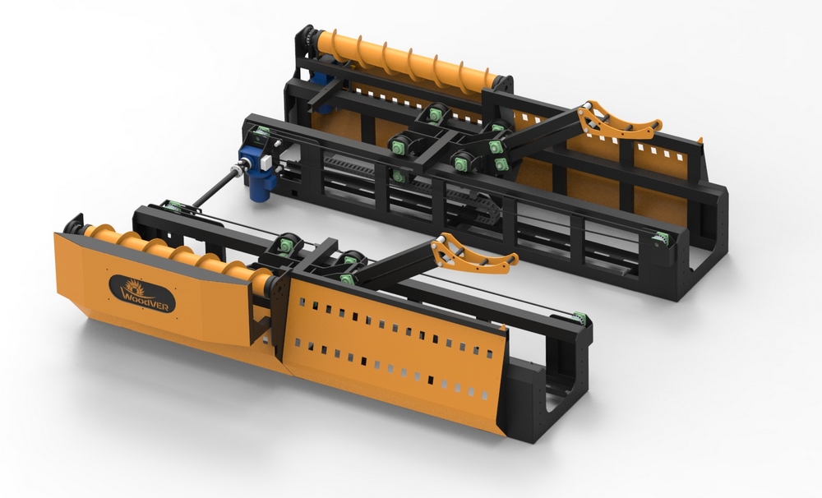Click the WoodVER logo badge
tap(142, 293)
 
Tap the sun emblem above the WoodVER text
tap(132, 287)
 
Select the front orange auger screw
tap(178, 255)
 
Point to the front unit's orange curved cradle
tap(475, 254)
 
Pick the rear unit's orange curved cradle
tap(619, 119)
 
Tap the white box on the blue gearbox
tap(266, 162)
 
